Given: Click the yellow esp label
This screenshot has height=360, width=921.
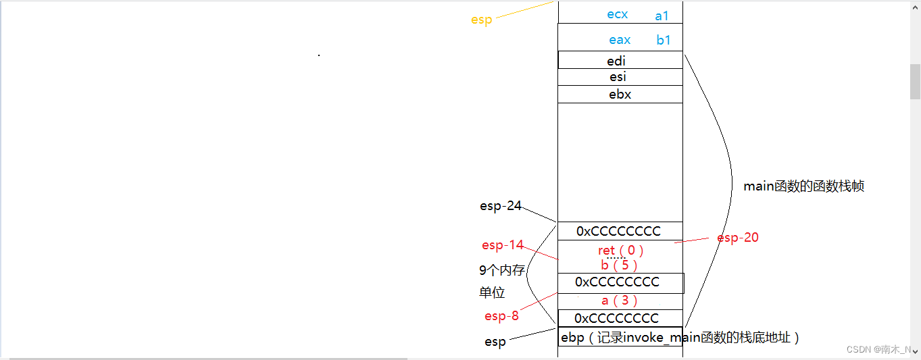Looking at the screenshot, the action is coord(481,20).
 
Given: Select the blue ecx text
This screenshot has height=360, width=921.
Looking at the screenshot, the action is coord(618,15).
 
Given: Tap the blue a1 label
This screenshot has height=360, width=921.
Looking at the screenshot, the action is coord(662,16).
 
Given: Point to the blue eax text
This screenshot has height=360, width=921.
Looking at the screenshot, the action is coord(620,41).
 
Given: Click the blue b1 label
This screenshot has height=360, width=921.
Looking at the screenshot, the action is coord(664,41).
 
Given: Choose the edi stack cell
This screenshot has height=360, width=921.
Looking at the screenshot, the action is coord(620,61).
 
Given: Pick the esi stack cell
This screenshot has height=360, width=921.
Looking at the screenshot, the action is coord(620,77).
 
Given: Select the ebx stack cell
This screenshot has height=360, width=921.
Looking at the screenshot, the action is coord(620,95).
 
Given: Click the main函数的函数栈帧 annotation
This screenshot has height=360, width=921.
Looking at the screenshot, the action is coord(803,186).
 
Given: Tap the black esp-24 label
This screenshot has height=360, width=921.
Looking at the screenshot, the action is coord(501,206).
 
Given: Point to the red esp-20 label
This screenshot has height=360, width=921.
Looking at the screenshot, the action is coord(737,238).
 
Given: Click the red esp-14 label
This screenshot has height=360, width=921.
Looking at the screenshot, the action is coord(502,245).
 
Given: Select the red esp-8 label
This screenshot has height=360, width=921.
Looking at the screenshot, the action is coord(501,316).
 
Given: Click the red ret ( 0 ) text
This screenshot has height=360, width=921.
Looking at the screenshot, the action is coord(621,251).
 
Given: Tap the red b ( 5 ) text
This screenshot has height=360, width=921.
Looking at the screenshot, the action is coord(619,265).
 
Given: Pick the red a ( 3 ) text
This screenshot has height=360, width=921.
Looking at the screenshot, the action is coord(620,301).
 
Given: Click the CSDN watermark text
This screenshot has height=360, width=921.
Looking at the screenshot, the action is coord(878,350).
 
